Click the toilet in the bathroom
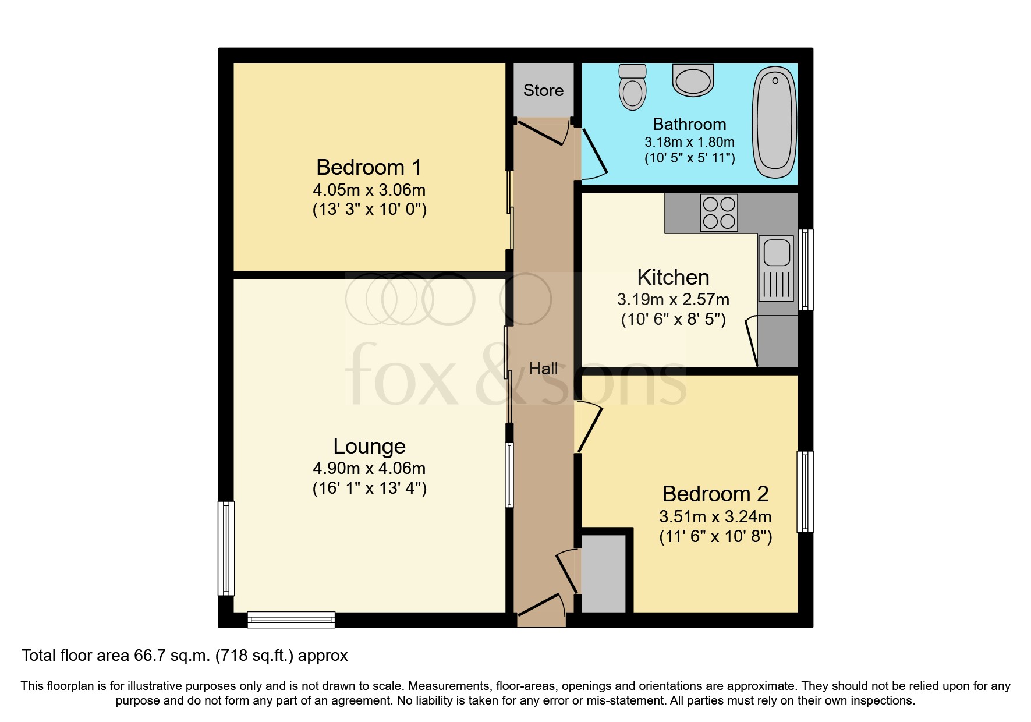633,89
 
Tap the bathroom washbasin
693,80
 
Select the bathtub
775,122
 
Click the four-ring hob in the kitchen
719,213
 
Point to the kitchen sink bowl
777,253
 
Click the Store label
543,91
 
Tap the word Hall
543,369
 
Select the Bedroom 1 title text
369,168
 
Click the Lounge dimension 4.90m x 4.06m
369,468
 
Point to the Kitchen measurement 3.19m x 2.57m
673,300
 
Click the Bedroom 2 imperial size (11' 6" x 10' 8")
715,536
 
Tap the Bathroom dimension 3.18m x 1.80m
689,142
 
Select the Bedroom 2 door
589,428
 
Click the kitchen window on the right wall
806,270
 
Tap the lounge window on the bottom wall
291,620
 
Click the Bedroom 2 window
805,492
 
